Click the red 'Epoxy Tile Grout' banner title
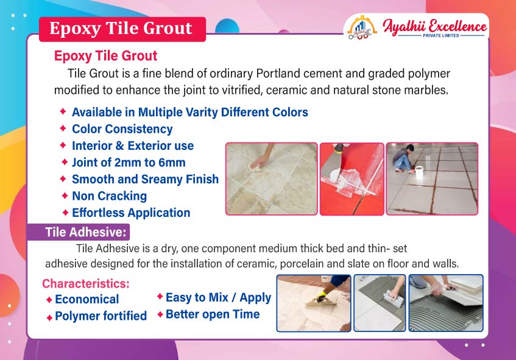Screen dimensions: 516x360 point(121,28)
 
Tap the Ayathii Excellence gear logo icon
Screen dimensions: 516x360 point(362,28)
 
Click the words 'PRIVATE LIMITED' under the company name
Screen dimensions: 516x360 point(441,35)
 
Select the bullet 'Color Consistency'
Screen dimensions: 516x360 point(122,129)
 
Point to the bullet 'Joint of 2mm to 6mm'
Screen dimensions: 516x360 point(129,163)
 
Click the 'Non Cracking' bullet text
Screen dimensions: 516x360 point(109,196)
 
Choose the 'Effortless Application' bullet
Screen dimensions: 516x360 point(131,213)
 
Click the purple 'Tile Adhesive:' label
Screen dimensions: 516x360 point(85,232)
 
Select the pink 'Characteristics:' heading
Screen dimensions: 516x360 point(86,283)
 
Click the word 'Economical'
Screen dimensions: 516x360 point(87,299)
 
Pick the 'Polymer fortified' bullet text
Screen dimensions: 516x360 point(101,316)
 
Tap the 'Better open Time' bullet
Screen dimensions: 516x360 point(213,314)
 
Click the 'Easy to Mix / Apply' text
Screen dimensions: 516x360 point(218,297)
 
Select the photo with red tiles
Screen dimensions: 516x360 point(352,179)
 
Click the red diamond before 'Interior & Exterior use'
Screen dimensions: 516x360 point(63,145)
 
